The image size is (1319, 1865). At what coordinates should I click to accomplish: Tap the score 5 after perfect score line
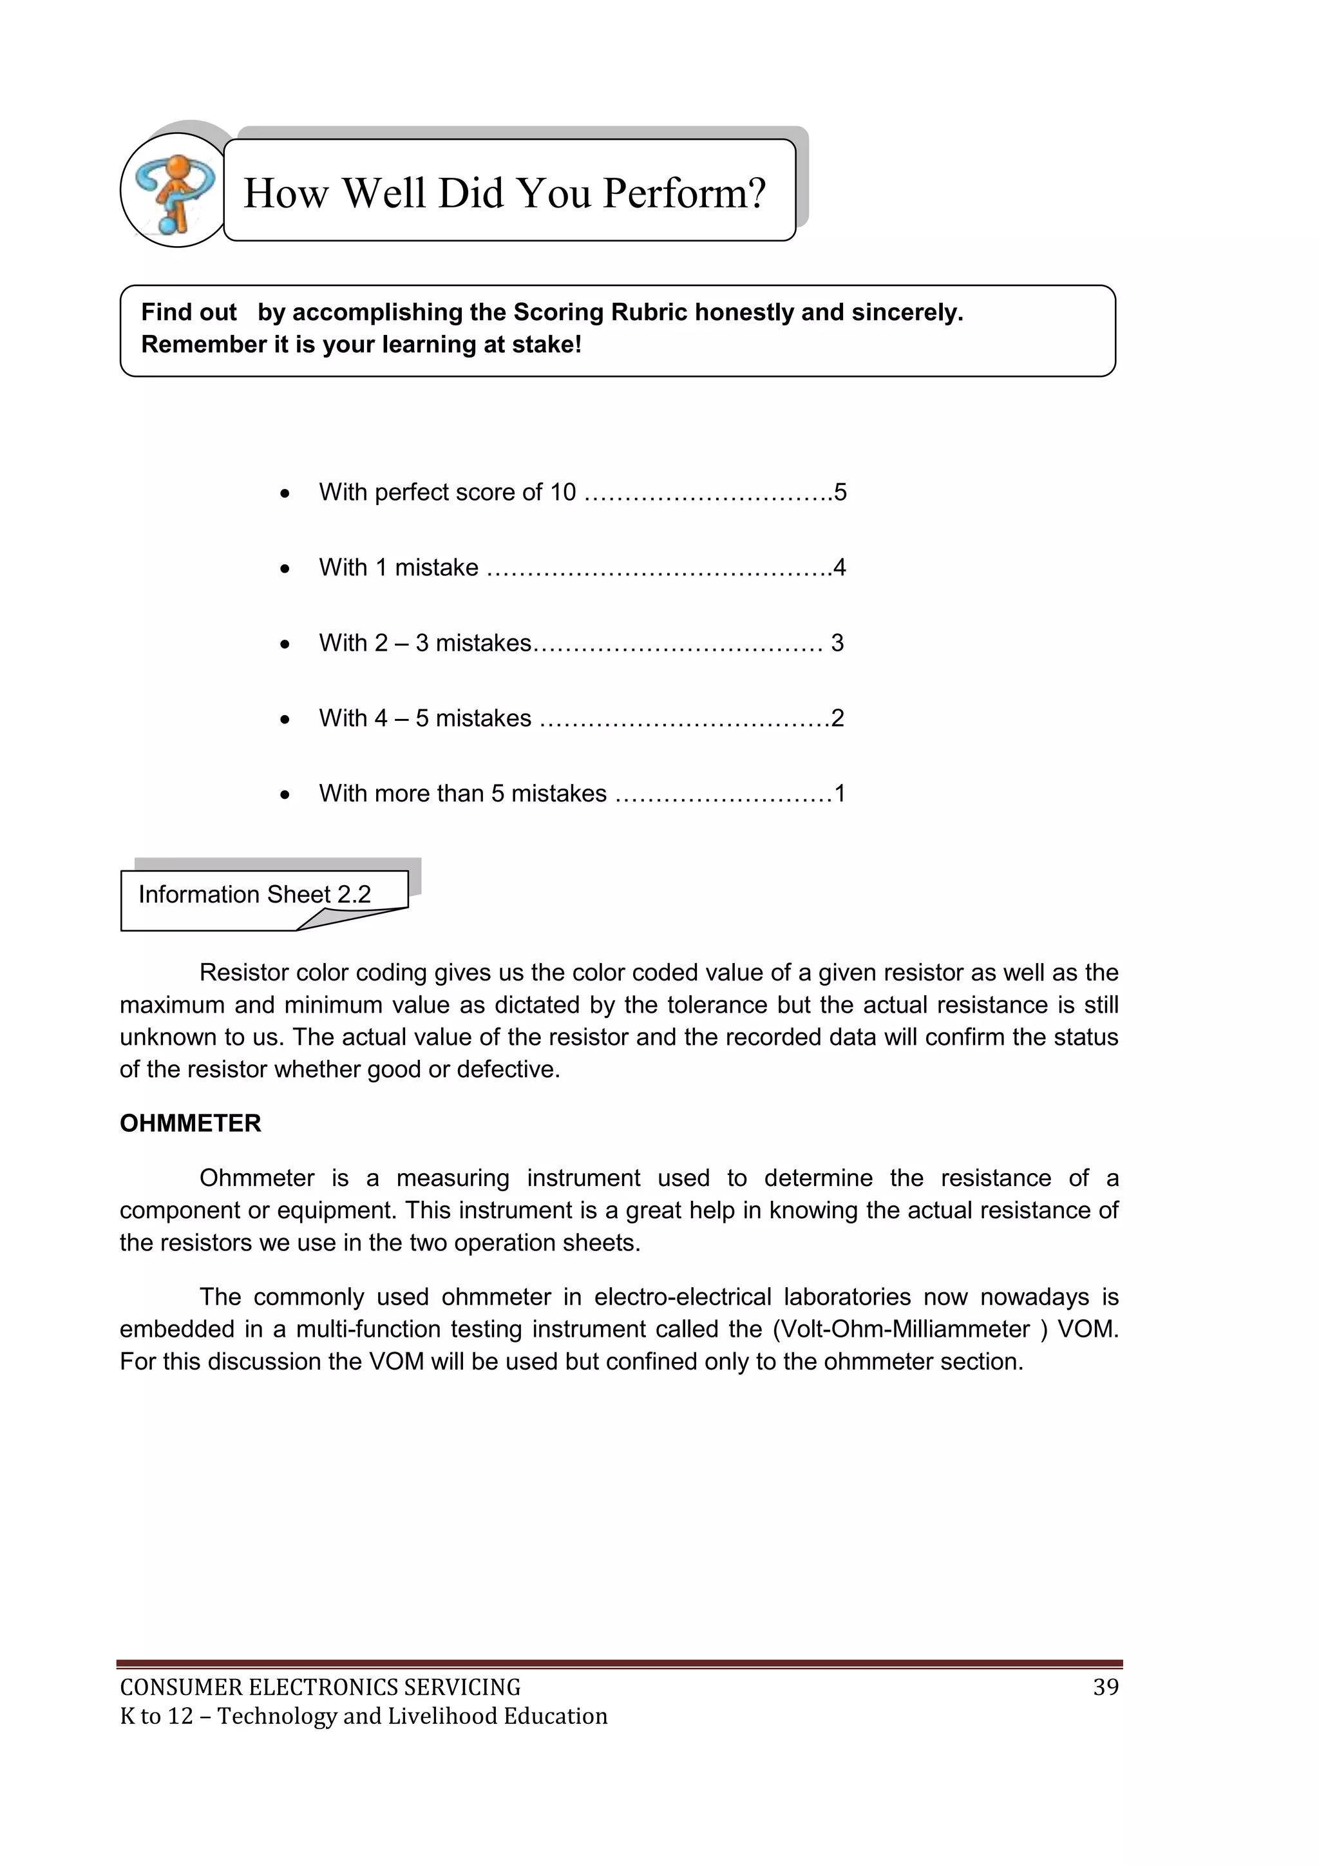840,492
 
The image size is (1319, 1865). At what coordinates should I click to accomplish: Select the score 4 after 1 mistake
840,568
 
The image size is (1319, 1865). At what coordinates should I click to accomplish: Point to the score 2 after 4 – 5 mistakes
837,718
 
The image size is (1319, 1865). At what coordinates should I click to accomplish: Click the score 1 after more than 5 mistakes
840,794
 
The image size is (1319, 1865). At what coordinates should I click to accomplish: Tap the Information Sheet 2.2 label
254,894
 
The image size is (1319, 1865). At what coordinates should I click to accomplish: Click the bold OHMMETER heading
190,1124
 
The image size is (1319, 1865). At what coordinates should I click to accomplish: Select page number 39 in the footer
1105,1687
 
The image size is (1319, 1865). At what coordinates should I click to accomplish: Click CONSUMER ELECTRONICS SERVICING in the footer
320,1687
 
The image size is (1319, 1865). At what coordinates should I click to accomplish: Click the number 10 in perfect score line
563,492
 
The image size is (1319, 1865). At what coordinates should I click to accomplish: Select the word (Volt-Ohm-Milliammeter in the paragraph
901,1329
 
